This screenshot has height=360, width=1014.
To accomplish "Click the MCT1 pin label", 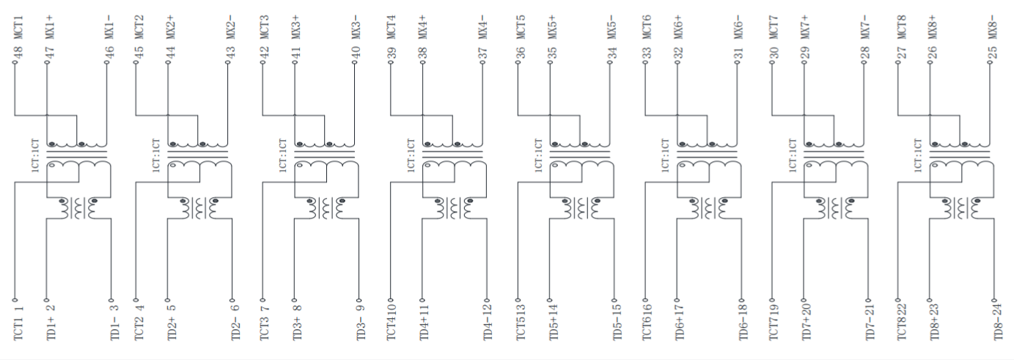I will (18, 21).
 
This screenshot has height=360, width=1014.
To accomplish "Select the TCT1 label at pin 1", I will (18, 327).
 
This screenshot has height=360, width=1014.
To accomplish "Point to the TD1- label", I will (114, 328).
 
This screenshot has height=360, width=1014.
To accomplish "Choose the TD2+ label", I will (172, 328).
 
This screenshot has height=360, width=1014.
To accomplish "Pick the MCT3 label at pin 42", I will (265, 21).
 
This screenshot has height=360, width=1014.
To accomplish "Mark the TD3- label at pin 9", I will (361, 328).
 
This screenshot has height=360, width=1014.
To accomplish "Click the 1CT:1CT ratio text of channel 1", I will (34, 156).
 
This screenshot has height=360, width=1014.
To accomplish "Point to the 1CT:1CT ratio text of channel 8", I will (919, 156).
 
